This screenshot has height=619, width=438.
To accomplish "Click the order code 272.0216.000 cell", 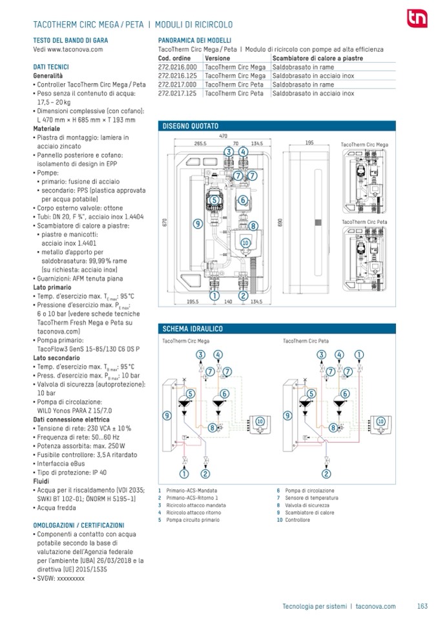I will coord(179,66).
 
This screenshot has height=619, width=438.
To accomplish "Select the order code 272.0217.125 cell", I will coord(179,94).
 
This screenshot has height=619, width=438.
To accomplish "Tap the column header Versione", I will coord(217,57).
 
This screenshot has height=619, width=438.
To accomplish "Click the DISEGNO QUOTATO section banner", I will coord(191,125).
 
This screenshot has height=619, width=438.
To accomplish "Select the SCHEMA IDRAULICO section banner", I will coord(193,329).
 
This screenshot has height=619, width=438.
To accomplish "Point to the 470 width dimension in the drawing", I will coord(223,136).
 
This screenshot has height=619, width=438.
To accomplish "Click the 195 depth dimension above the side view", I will coord(309,143).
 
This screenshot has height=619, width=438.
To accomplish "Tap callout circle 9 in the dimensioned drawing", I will coord(198,223).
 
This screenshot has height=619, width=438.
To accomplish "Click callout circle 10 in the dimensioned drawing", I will coord(245,242).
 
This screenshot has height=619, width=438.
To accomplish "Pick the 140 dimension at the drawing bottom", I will coord(228,301).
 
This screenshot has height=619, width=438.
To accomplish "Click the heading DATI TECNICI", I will coord(51,66).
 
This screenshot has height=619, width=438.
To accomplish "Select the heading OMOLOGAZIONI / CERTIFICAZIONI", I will coord(78,525).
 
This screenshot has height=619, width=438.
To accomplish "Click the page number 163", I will coord(422,606).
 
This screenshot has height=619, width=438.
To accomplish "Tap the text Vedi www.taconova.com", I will coord(68,48).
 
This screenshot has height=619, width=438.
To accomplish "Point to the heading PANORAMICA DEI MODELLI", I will coord(195,40).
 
